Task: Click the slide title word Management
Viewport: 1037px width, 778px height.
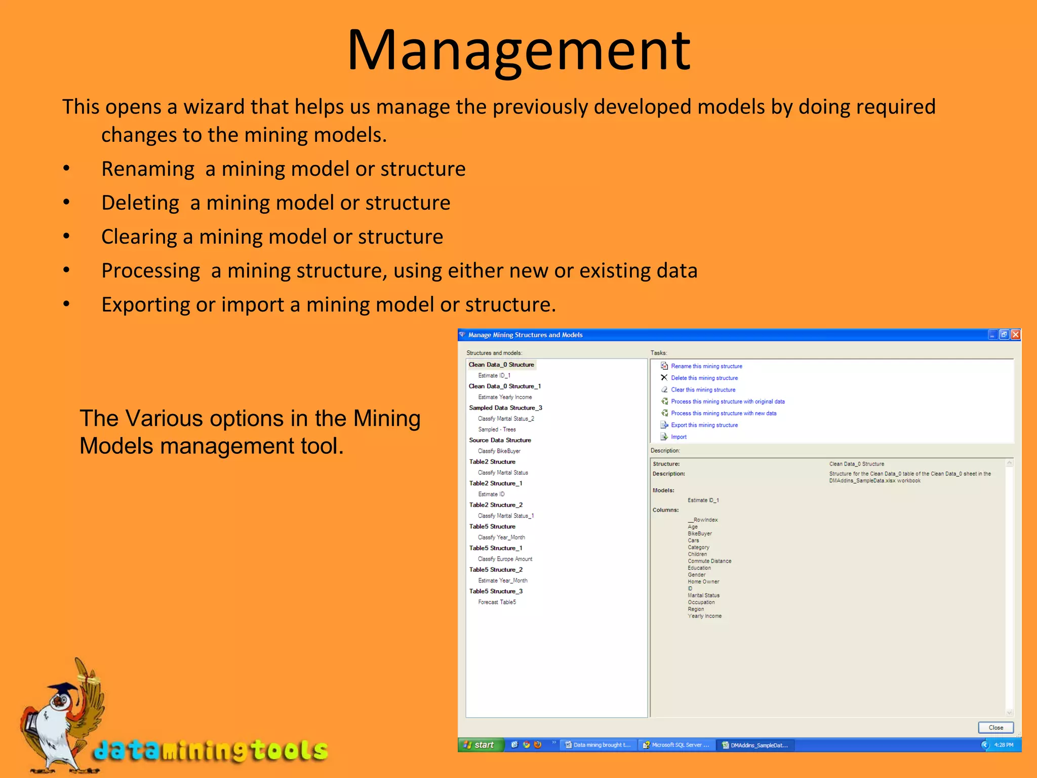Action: pos(518,51)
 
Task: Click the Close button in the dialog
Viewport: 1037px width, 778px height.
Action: pos(995,727)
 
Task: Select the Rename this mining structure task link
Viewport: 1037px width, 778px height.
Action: pos(706,366)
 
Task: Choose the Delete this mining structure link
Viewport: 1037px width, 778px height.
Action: pos(704,378)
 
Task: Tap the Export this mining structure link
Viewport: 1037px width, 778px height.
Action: pos(704,425)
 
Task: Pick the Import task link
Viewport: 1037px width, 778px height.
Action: pos(679,437)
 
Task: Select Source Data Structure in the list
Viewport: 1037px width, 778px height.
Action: pos(500,440)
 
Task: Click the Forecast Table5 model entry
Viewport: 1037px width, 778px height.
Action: pos(497,602)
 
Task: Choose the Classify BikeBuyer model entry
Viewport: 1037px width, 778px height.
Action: pos(499,451)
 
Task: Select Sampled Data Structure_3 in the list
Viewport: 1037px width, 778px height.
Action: pos(505,408)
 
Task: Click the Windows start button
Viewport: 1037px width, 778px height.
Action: pos(480,745)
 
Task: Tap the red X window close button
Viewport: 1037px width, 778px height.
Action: pos(1015,335)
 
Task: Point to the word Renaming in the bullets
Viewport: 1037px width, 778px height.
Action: pos(147,169)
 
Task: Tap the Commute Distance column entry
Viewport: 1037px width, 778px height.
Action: pos(709,561)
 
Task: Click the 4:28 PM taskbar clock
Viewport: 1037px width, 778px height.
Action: pos(1003,745)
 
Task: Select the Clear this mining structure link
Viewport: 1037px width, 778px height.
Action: pos(703,390)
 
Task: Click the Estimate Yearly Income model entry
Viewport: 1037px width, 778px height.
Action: pos(505,397)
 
